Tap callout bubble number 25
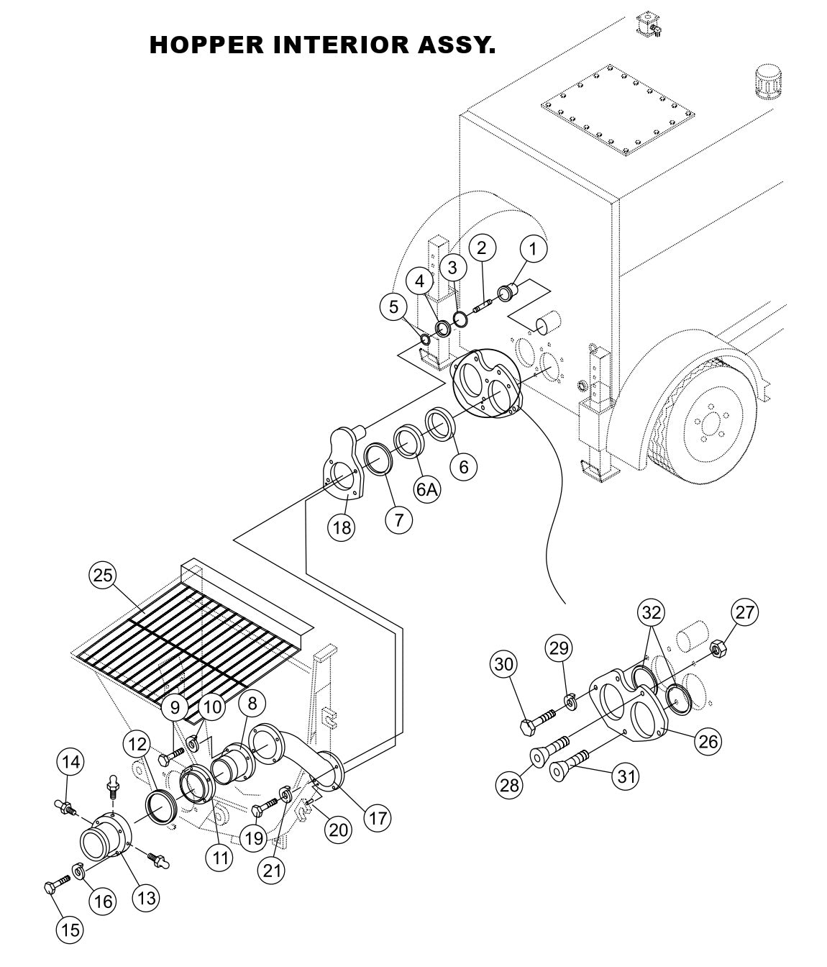pos(104,574)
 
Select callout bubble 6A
pos(426,489)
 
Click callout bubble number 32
pos(652,612)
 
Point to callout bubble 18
pos(342,527)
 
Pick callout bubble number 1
pos(533,249)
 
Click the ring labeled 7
pos(378,458)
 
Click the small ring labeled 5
pos(424,339)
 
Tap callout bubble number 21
pos(272,870)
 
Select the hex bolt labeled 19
pos(265,807)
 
